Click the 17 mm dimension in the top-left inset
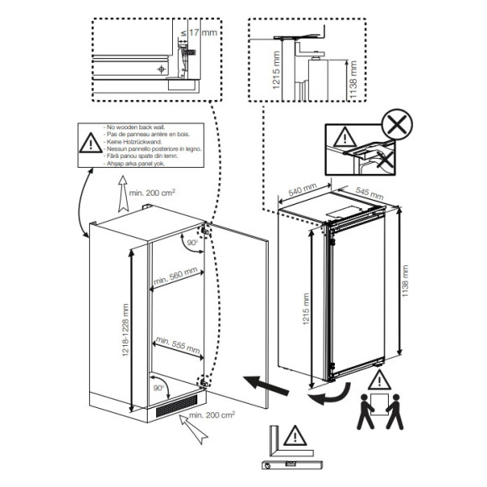coord(200,32)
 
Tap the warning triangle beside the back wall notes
coord(90,144)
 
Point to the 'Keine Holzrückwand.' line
coord(134,141)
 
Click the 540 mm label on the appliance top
coord(301,191)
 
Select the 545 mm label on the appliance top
coord(366,193)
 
